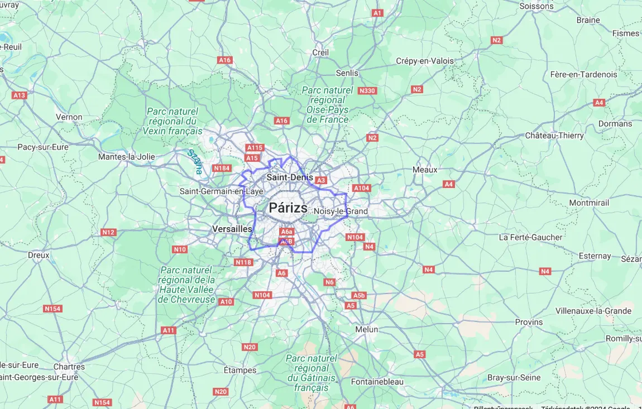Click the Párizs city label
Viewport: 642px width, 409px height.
click(288, 208)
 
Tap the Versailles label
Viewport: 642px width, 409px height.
click(232, 229)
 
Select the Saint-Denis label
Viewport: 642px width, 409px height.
click(290, 177)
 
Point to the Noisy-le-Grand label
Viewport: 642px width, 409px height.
click(341, 211)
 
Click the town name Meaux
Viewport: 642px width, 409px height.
click(425, 169)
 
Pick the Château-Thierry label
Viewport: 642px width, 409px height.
click(554, 135)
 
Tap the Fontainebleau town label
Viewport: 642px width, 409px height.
click(377, 382)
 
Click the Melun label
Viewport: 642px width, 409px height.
click(367, 329)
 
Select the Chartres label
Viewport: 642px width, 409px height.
click(69, 367)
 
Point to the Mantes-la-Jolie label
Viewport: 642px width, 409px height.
click(127, 157)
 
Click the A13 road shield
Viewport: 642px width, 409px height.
click(20, 95)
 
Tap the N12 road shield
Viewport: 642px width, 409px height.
click(108, 232)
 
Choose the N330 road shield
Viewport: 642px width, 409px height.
click(367, 90)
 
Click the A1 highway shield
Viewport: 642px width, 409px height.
click(377, 12)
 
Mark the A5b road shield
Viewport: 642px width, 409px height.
click(359, 295)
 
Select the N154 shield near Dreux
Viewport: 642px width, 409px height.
click(52, 309)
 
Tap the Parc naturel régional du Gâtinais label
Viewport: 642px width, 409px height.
click(311, 373)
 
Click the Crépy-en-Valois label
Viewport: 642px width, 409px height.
click(425, 61)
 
